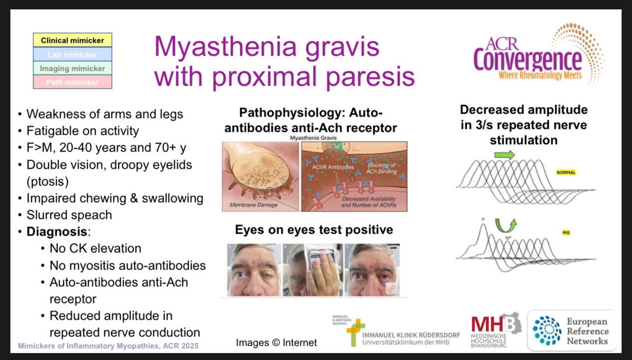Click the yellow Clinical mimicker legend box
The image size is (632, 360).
pos(73,40)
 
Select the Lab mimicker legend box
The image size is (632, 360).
pos(73,54)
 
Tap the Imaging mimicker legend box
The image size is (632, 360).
pos(73,68)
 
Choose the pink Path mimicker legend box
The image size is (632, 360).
pos(73,82)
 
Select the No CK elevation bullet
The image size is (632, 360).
pos(95,248)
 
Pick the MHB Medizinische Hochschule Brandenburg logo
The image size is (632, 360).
pos(495,330)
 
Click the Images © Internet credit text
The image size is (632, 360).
pos(276,343)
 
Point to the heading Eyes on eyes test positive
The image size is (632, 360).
pos(313,230)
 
